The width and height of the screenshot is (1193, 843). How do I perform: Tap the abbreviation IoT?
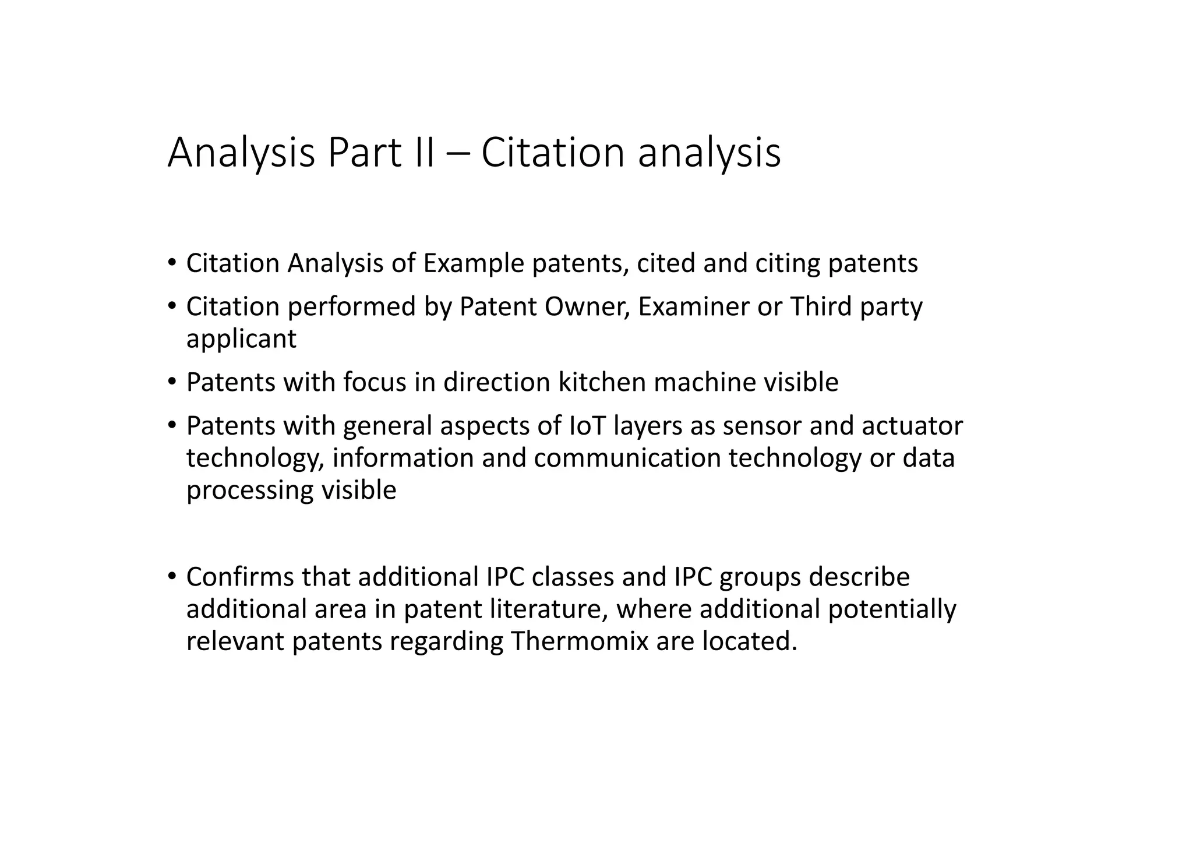tap(587, 426)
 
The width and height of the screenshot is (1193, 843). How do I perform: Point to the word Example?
tap(474, 263)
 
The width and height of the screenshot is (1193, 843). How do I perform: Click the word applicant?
tap(241, 339)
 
